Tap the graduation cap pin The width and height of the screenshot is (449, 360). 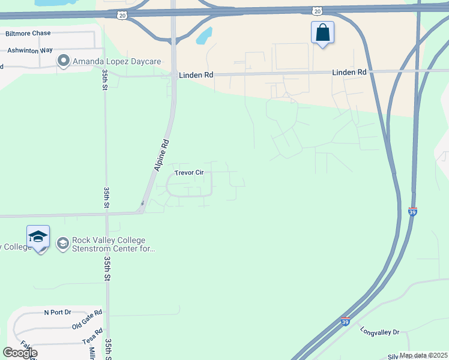tap(38, 237)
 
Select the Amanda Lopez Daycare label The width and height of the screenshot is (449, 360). tap(112, 61)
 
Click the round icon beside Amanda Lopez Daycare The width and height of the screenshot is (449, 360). tap(63, 61)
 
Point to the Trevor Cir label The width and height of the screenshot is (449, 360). tap(189, 173)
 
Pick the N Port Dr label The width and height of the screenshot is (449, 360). tap(58, 313)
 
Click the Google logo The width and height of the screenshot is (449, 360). tap(20, 353)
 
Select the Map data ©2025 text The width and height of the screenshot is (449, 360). tap(423, 355)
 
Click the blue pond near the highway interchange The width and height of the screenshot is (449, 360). tap(205, 37)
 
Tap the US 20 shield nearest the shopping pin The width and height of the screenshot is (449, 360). tap(316, 11)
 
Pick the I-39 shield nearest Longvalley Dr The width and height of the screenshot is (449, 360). tap(345, 322)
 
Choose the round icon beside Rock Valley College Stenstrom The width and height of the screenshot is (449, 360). tap(63, 243)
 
